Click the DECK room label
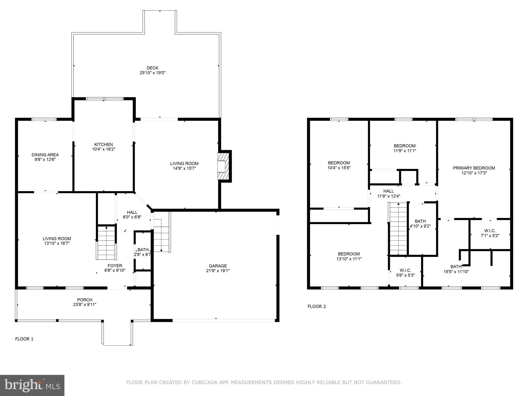152,68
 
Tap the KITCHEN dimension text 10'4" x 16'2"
103,149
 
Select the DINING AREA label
45,155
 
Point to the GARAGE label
218,266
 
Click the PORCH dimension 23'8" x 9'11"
85,304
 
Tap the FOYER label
115,266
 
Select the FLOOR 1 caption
24,339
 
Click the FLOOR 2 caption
317,306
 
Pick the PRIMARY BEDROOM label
474,168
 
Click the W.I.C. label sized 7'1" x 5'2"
490,231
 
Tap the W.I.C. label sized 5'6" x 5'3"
405,270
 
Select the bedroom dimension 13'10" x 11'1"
349,259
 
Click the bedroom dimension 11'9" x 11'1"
404,151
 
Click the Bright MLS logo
32,385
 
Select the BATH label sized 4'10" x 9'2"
420,221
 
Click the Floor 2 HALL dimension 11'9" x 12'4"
389,196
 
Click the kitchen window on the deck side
105,99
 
